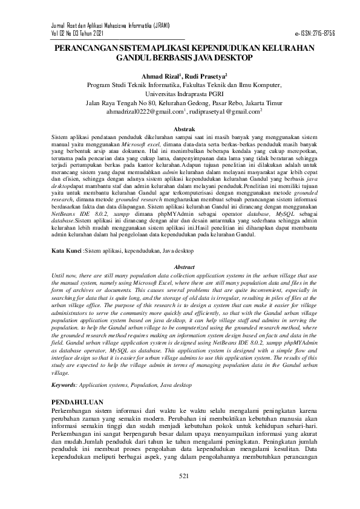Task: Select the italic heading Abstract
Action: tap(184, 267)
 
